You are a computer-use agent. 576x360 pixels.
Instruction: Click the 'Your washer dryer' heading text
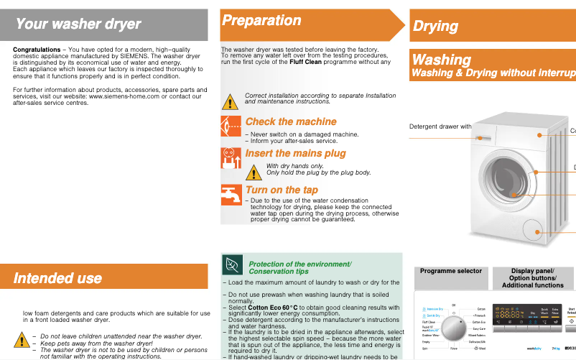tap(78, 24)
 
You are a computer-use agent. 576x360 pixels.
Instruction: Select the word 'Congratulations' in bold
tap(37, 50)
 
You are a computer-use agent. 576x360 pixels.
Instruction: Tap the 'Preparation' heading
tap(261, 21)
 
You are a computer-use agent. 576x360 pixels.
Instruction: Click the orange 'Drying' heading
tap(435, 27)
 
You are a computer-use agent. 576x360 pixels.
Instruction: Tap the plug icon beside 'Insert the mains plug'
tap(231, 157)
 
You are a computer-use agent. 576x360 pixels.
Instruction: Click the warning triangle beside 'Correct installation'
tap(229, 101)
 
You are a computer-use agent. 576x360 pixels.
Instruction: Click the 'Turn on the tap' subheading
tap(282, 190)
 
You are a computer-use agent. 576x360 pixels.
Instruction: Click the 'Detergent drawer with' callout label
tap(440, 126)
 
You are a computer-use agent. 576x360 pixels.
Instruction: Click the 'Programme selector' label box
tap(450, 272)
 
